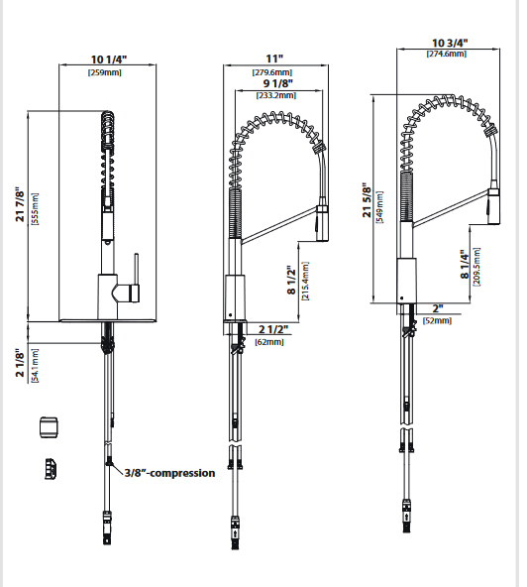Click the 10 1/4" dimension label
[109, 59]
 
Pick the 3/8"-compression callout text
[168, 473]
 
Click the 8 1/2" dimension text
[290, 281]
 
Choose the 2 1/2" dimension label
[273, 329]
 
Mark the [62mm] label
[268, 342]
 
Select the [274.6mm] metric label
[451, 56]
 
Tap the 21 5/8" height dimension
[368, 202]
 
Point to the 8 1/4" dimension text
[465, 267]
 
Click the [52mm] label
[436, 321]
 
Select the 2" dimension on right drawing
[437, 308]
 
